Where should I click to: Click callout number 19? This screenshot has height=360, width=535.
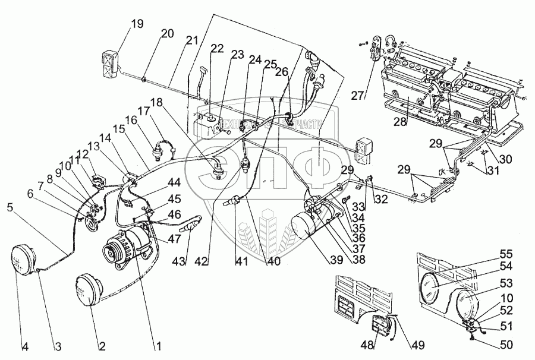tap(137, 24)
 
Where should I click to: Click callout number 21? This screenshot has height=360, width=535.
tap(191, 40)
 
